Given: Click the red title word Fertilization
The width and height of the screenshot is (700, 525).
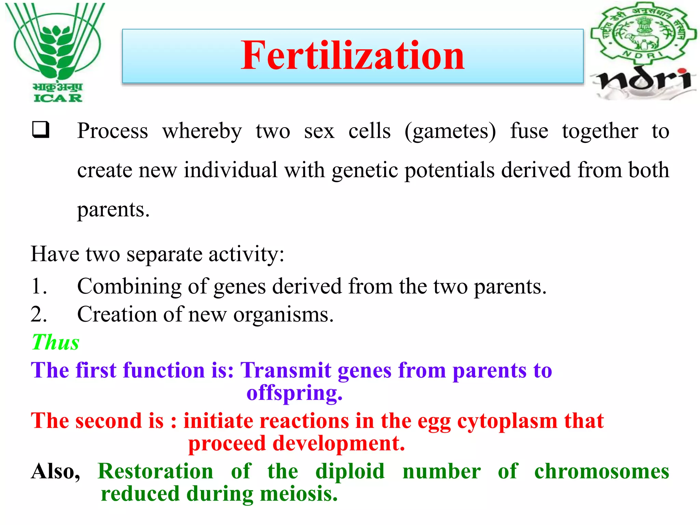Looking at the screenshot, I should (x=352, y=55).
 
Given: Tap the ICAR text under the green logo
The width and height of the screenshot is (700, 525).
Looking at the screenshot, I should (x=58, y=98).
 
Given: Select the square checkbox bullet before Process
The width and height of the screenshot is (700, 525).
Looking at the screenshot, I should (x=41, y=130).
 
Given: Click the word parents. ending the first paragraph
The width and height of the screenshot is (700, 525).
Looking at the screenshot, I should (x=113, y=210).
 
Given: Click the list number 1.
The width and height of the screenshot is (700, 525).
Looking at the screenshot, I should (x=39, y=286).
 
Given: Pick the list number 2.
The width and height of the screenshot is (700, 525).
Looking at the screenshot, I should (x=39, y=314).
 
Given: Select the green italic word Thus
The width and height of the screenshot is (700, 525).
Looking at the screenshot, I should (x=55, y=342).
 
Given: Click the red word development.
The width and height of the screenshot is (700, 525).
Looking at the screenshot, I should (x=338, y=444).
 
